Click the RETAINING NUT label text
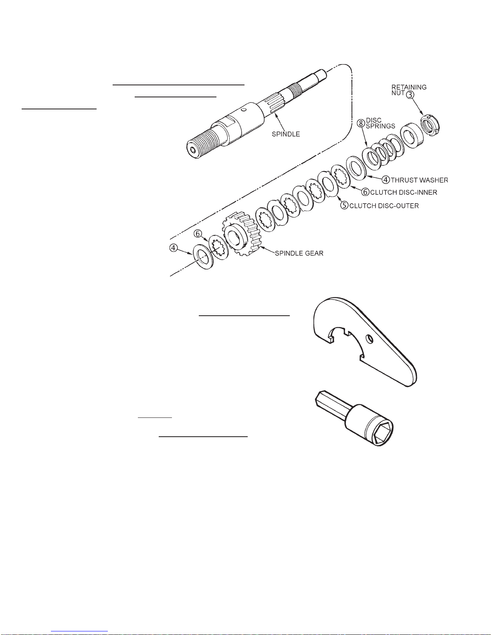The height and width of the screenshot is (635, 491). (408, 90)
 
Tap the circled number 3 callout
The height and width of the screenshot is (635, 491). (410, 95)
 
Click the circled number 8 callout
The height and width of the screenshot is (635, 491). (361, 123)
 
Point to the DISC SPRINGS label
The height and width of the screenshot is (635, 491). (380, 123)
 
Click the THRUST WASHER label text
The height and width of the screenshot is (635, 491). (419, 180)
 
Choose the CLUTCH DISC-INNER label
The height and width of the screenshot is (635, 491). (404, 192)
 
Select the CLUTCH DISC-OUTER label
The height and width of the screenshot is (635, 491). (384, 206)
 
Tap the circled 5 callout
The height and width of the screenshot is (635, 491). (345, 206)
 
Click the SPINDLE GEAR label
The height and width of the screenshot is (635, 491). (299, 253)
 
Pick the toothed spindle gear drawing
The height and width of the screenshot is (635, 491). (241, 234)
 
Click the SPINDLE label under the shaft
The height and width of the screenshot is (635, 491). (286, 134)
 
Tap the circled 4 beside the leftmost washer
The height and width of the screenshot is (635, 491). (174, 248)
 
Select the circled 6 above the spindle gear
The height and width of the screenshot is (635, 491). (198, 234)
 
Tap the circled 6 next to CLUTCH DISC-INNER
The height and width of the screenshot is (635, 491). (365, 192)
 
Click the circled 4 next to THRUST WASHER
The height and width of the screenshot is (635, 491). (386, 179)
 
